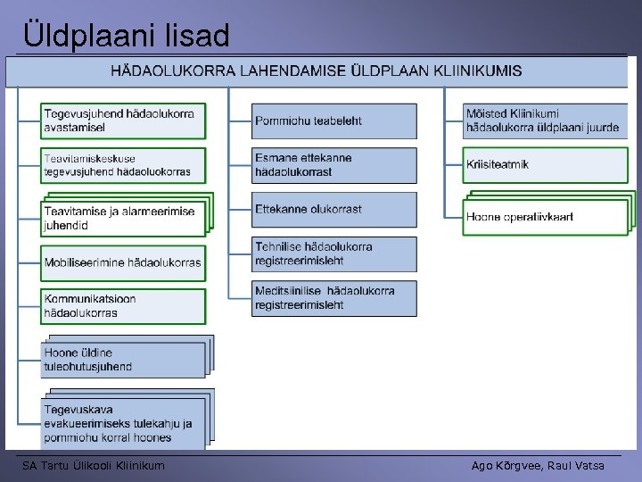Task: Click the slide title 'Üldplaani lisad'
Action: [126, 35]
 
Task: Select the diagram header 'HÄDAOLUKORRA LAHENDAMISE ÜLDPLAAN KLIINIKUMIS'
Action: [317, 71]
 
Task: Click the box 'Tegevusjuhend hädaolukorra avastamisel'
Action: [123, 120]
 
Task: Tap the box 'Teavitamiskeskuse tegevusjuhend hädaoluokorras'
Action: [123, 165]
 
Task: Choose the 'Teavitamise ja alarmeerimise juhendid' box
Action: [123, 218]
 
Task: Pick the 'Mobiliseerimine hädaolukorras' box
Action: [123, 262]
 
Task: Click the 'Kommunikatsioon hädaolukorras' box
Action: [123, 306]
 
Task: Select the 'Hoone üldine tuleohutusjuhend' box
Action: [123, 360]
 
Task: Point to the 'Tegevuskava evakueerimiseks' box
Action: [123, 423]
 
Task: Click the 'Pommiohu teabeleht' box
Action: [334, 120]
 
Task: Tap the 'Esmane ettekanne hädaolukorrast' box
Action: [334, 165]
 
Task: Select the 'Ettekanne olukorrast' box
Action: [334, 210]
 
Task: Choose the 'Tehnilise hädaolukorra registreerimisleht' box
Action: [334, 253]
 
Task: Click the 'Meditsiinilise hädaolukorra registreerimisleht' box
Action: [334, 298]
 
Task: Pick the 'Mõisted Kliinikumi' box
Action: [545, 120]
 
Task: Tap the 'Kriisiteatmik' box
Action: [545, 165]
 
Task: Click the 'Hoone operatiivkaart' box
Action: [543, 217]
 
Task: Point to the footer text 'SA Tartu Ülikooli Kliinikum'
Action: [94, 465]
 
